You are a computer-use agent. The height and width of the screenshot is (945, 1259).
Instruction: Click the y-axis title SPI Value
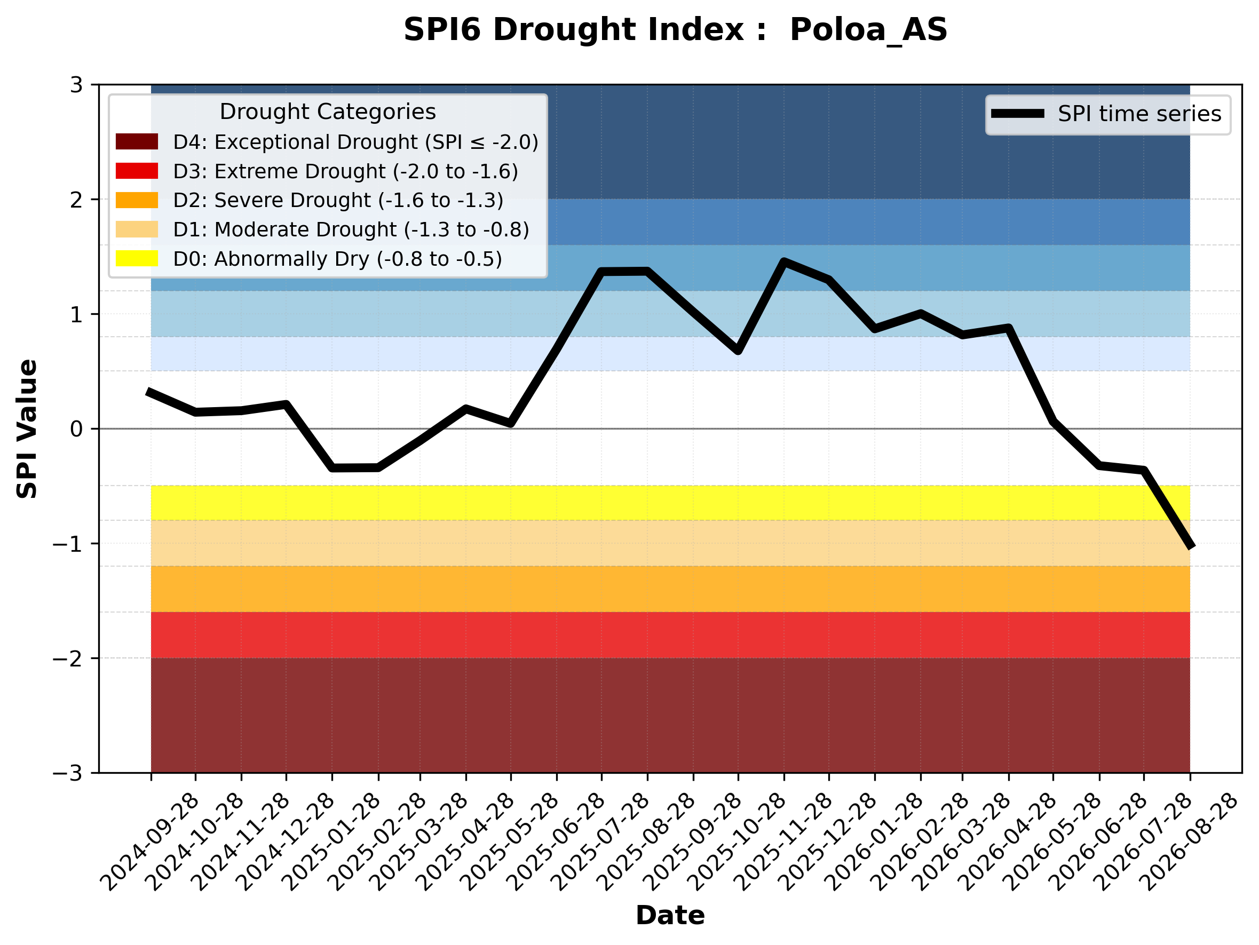coord(27,429)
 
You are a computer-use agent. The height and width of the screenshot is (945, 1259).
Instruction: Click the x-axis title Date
coord(670,916)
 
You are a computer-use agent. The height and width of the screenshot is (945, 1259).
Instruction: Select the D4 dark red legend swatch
coord(137,141)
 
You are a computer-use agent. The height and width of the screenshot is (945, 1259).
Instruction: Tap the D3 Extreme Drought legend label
coord(345,171)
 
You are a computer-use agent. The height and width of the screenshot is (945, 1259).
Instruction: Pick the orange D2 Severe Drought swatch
coord(137,200)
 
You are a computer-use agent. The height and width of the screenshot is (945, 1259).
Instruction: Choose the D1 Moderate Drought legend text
coord(351,229)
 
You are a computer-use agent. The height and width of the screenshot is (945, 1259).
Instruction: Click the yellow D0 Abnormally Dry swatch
coord(137,258)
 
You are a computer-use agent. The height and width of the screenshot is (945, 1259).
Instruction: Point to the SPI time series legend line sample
coord(1018,114)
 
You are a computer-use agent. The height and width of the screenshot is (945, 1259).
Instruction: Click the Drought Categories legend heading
coord(328,112)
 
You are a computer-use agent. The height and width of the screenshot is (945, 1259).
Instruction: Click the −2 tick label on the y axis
coord(67,658)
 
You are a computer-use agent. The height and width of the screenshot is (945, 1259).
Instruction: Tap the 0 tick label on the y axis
coord(76,429)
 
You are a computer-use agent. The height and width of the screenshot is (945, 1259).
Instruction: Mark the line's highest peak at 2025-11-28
coord(784,261)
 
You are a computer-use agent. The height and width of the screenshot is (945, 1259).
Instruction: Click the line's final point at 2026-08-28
coord(1190,547)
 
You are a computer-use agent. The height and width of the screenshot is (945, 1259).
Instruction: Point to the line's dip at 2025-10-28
coord(738,351)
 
